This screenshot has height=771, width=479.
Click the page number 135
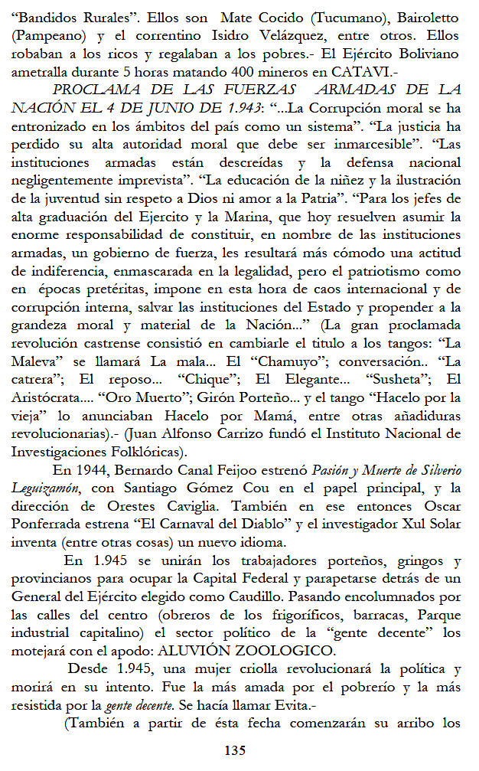pos(234,750)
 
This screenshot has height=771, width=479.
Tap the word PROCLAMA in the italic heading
pos(112,89)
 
